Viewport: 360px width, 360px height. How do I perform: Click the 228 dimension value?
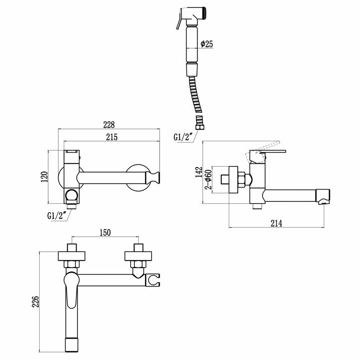109,124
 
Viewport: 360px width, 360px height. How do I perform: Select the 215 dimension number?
111,137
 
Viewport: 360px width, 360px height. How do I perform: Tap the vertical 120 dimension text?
44,177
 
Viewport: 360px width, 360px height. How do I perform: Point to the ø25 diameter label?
207,44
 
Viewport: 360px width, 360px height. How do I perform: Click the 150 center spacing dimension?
104,232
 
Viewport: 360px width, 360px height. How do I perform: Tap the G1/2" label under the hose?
182,138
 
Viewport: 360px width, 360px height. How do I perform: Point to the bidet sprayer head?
194,16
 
